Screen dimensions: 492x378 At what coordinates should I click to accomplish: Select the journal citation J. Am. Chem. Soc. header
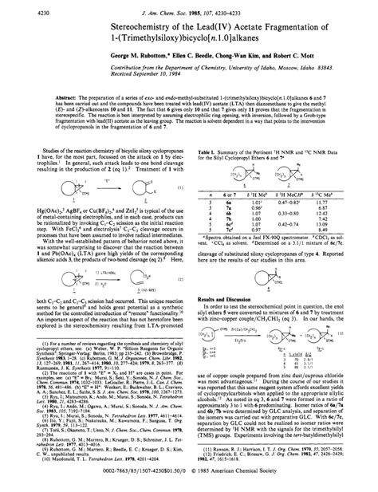point(188,10)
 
